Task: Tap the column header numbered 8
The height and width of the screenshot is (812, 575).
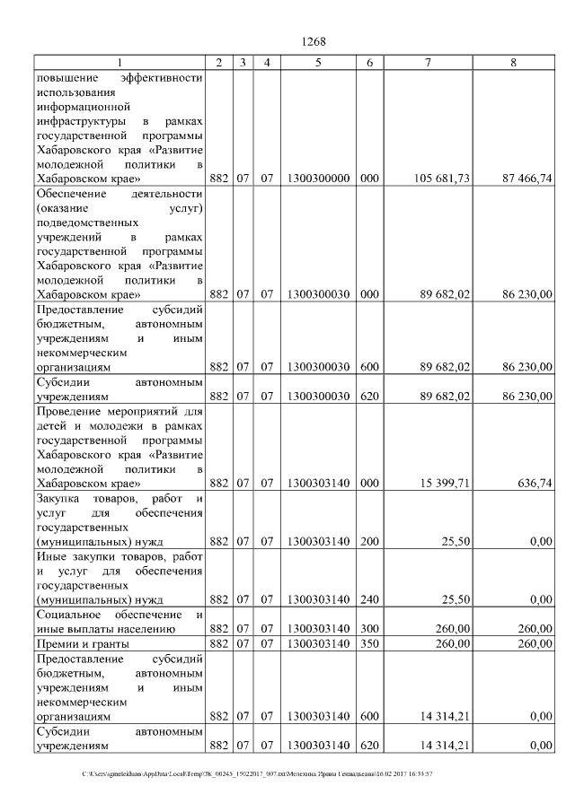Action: click(x=513, y=62)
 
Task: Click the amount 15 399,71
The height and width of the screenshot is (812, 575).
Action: click(x=447, y=483)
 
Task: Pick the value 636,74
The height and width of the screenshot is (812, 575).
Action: click(x=535, y=483)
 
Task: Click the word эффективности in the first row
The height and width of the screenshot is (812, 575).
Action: click(x=166, y=77)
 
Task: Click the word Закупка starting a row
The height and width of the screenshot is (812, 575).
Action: click(x=60, y=498)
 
